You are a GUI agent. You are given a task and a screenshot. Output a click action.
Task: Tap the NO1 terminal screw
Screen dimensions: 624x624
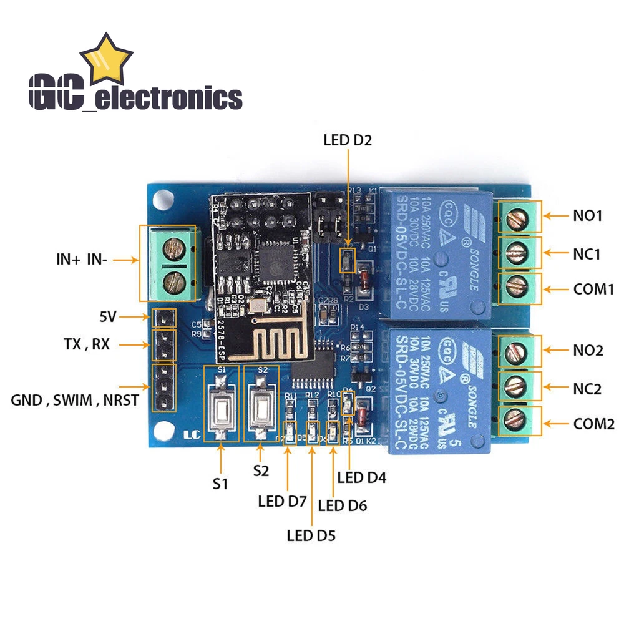point(517,218)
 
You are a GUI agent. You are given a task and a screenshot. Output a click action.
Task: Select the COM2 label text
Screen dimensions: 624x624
point(594,424)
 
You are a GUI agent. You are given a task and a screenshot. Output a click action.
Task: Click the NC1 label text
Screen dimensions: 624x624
point(587,254)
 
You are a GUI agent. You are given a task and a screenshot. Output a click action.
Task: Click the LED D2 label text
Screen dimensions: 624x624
point(347,140)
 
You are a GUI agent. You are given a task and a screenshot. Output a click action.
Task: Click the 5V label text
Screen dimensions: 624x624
point(107,317)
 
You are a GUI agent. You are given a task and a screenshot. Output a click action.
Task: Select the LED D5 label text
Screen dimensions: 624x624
point(311,535)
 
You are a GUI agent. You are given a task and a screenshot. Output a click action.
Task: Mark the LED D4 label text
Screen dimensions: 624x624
point(362,478)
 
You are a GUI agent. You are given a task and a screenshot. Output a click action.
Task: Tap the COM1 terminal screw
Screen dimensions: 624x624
point(517,288)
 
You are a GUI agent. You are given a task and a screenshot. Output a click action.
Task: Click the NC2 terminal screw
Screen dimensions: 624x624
point(517,387)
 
